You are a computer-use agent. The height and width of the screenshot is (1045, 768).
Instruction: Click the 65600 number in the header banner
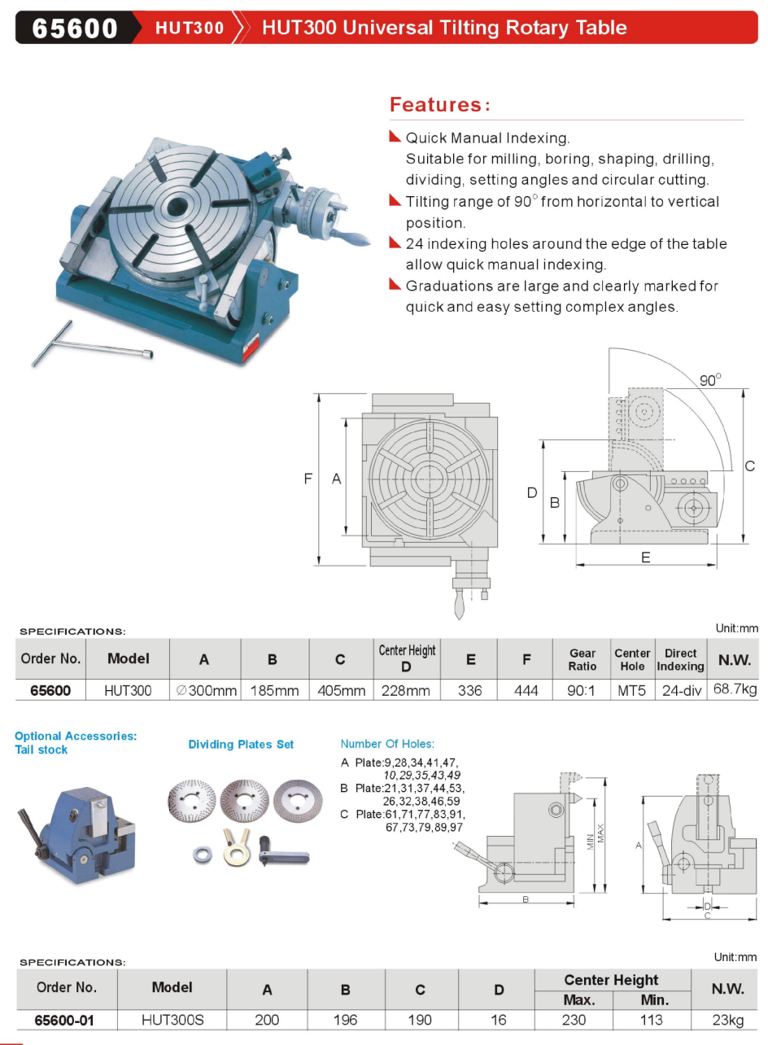point(74,28)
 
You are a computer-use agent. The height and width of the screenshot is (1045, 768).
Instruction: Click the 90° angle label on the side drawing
point(710,380)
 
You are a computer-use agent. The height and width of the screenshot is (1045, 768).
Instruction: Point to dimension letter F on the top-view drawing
point(308,479)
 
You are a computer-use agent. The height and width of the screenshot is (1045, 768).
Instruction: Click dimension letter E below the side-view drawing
point(645,557)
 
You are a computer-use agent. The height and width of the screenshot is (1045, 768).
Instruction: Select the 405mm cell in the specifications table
point(341,691)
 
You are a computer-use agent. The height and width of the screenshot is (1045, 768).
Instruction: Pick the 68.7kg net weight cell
point(735,689)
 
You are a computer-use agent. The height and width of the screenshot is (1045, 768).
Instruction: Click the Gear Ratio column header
point(583,659)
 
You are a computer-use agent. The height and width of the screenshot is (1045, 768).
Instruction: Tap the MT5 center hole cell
point(632,691)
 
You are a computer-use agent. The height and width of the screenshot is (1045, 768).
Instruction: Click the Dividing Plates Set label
point(241,744)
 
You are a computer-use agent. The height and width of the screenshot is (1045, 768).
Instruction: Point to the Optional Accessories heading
point(76,736)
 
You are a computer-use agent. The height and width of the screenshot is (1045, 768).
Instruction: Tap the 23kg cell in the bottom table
point(728,1020)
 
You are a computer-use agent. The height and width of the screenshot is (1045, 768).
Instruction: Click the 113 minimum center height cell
point(654,1020)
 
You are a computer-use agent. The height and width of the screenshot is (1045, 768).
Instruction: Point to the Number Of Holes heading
point(387,744)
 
